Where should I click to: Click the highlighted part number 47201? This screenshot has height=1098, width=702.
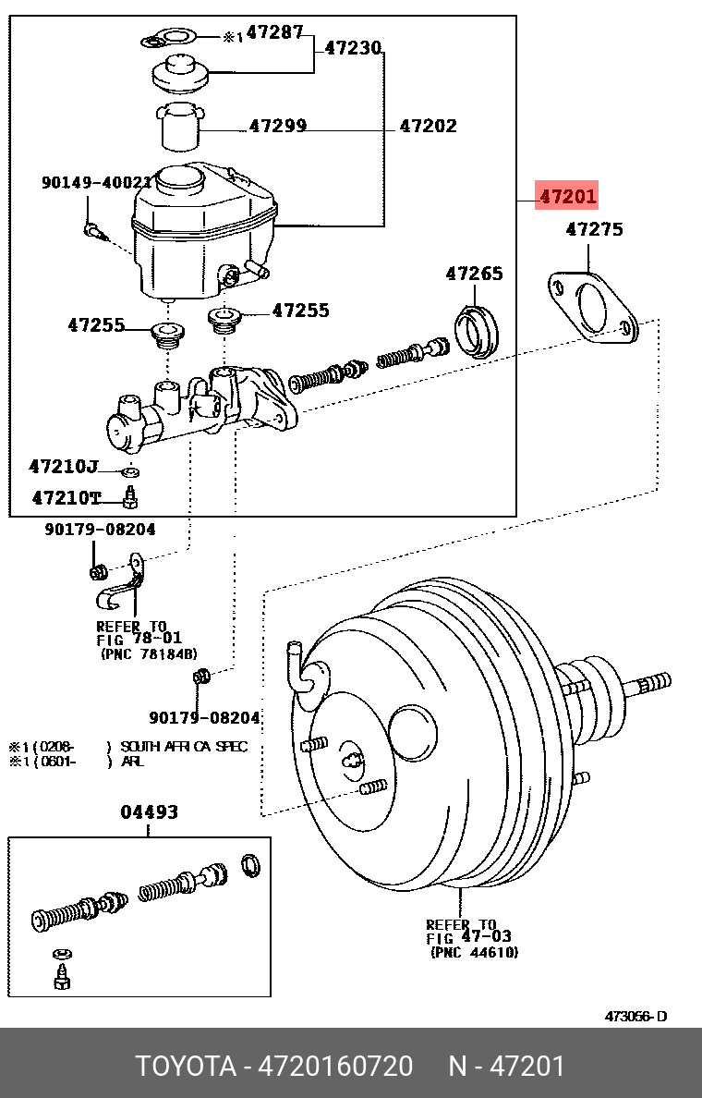tap(567, 196)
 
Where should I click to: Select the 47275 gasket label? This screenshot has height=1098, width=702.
tap(594, 229)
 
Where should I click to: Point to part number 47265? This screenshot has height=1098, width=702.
tap(474, 274)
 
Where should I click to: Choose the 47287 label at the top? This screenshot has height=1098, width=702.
tap(274, 32)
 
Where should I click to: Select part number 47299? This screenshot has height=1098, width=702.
tap(277, 126)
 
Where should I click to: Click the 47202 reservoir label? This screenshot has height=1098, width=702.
tap(427, 126)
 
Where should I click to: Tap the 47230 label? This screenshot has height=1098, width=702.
tap(352, 48)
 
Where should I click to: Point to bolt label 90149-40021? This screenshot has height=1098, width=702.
tap(96, 183)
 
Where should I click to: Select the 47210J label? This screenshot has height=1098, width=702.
tap(63, 467)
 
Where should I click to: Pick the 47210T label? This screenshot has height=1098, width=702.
tap(66, 498)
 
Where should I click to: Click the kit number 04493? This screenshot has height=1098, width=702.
tap(149, 812)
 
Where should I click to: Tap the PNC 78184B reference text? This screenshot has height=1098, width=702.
tap(148, 653)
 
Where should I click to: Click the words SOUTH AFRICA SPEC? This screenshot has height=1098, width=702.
tap(184, 747)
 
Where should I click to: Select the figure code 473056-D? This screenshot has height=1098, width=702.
tap(635, 1017)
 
